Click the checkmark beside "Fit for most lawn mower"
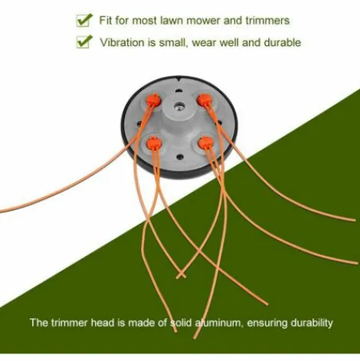click(84, 20)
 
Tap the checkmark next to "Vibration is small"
click(84, 41)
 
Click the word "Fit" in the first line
click(106, 20)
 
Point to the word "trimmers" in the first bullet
click(267, 21)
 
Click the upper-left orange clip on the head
click(153, 100)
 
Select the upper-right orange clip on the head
click(205, 100)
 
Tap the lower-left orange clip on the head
click(154, 143)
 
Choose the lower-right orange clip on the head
click(206, 143)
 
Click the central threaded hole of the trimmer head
click(179, 105)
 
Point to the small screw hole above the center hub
click(179, 90)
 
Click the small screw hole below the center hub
click(180, 156)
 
